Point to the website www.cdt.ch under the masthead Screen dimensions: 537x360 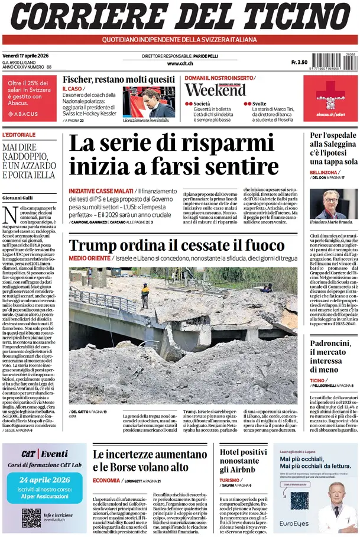click(179, 63)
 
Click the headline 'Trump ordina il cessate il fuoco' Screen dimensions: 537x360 click(177, 245)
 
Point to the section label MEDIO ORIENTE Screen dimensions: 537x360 click(90, 258)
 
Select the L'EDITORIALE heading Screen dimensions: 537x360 click(20, 135)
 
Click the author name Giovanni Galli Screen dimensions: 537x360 click(18, 197)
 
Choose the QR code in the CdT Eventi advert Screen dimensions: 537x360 click(31, 518)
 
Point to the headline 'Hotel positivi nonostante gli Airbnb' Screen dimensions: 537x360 click(243, 461)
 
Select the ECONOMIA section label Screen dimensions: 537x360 click(106, 480)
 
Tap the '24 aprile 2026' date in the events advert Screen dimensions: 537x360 click(40, 480)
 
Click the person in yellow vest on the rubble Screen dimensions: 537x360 click(145, 295)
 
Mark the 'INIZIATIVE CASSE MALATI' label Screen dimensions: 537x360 click(101, 191)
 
